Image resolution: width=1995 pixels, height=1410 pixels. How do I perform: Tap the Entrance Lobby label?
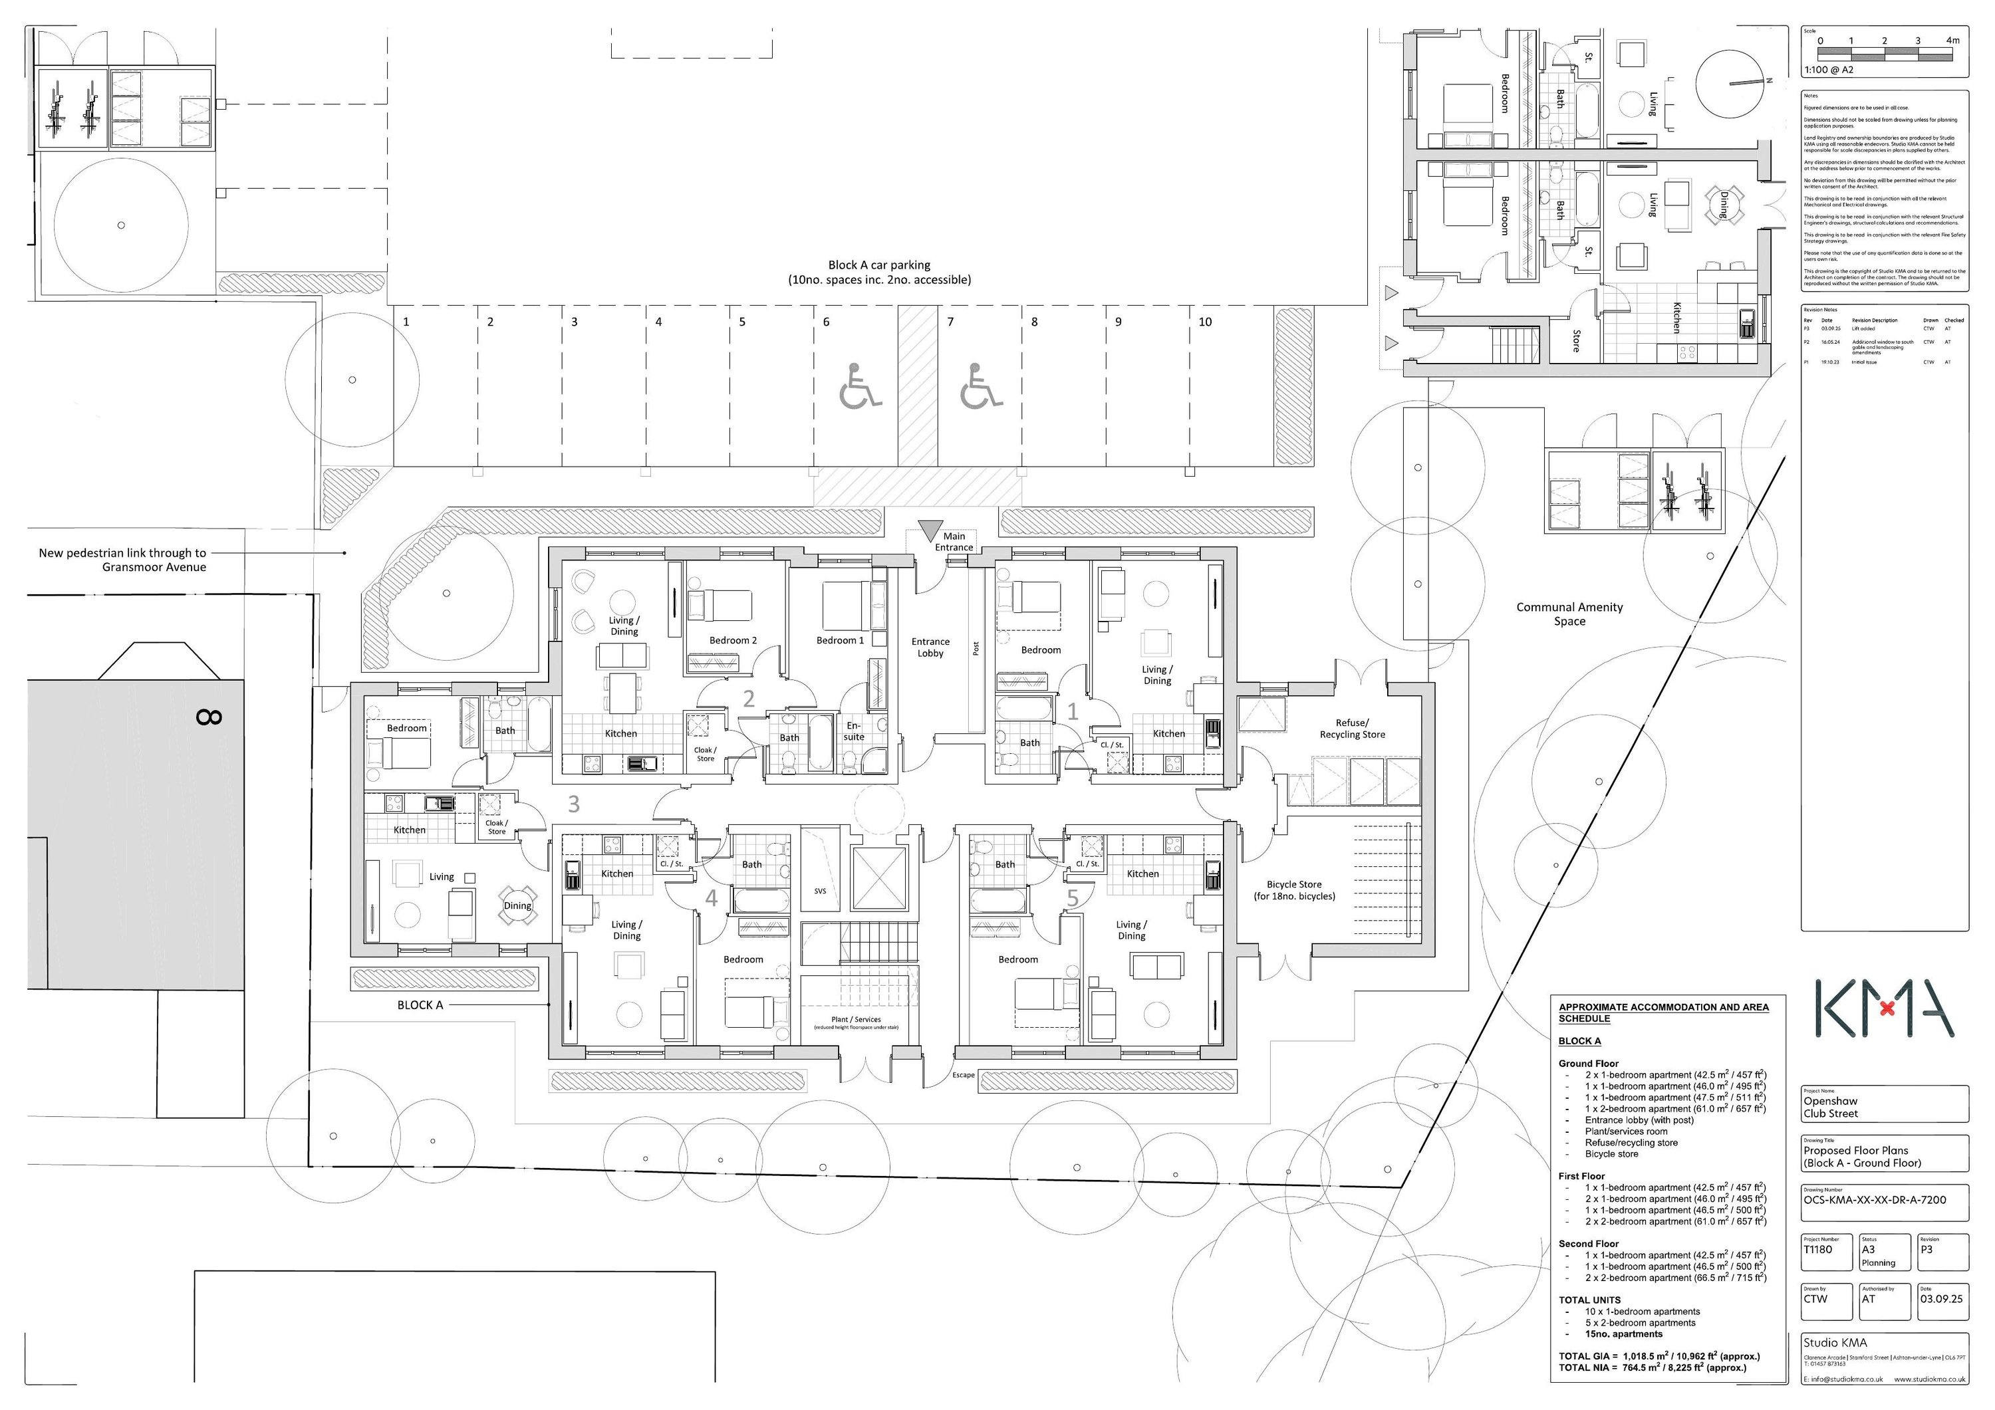930,647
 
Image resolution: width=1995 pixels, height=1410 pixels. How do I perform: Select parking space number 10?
1204,322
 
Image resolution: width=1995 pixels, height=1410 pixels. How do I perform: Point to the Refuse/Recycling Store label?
1352,729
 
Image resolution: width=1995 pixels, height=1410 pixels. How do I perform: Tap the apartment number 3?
573,804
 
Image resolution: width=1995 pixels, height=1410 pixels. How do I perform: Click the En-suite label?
853,731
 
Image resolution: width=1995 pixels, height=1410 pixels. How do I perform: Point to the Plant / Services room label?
855,1020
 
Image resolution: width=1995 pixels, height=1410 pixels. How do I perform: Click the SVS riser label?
820,891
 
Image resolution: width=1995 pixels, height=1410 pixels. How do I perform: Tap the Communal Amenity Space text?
1569,614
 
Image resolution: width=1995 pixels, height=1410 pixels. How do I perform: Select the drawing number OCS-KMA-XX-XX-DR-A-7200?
1874,1200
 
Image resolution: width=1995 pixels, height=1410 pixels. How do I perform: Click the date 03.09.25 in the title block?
1940,1300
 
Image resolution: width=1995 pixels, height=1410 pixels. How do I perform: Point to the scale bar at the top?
1885,52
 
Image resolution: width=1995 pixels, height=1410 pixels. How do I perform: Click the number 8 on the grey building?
209,717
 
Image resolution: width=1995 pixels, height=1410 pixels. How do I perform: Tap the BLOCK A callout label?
420,1005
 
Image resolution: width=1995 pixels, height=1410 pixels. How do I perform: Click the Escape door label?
963,1075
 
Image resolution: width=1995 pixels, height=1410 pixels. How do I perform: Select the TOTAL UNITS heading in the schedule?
1589,1300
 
